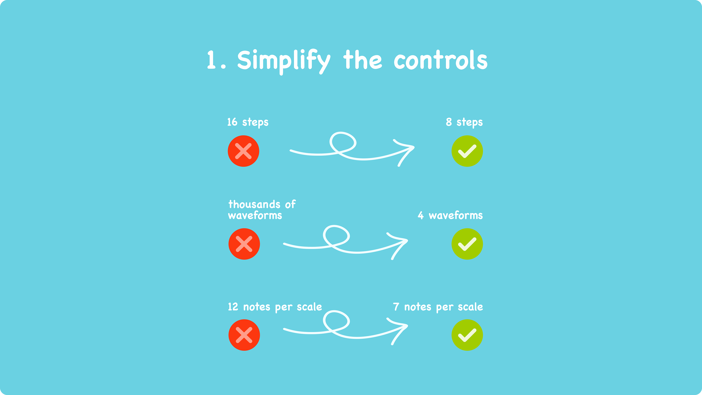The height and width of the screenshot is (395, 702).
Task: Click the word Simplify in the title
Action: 283,61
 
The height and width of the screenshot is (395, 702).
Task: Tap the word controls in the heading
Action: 440,61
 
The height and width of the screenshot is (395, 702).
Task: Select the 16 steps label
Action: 248,122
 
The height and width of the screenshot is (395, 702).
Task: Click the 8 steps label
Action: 464,122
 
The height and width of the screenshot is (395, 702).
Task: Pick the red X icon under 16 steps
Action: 243,151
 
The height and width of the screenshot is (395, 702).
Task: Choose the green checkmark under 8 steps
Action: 467,151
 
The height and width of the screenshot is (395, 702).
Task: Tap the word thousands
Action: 250,204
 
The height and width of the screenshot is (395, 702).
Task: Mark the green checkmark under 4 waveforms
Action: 467,244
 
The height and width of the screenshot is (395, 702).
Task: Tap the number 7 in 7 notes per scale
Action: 396,307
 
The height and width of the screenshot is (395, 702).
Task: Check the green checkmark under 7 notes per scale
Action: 467,335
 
